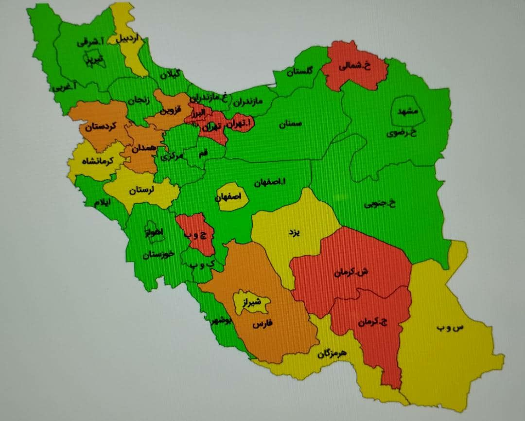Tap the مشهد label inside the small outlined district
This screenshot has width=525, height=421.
click(407, 111)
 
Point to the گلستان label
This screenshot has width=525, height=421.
click(299, 71)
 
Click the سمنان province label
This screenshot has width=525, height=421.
click(290, 124)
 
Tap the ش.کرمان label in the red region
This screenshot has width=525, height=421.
click(351, 273)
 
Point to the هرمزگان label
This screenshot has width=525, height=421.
click(332, 353)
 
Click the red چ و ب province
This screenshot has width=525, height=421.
click(195, 234)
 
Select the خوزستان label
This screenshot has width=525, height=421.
click(158, 255)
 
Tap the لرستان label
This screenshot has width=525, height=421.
click(141, 190)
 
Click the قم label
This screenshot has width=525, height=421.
click(203, 153)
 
